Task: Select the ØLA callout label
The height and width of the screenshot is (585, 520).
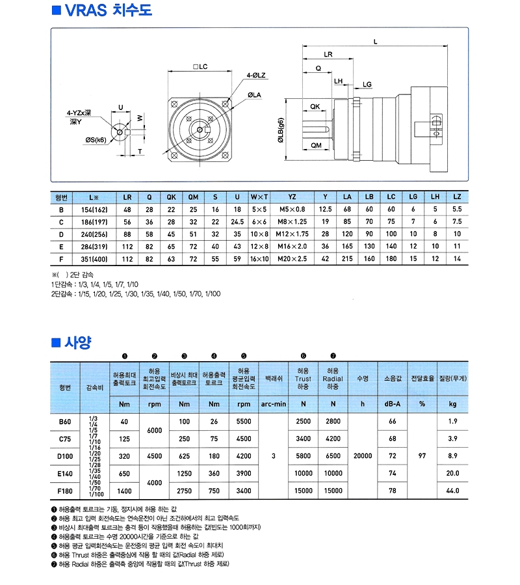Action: coord(254,95)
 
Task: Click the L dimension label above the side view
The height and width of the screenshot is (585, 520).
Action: coord(376,42)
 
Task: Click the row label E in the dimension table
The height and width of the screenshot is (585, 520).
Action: coord(61,246)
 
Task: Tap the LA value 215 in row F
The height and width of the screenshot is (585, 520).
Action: coord(347,258)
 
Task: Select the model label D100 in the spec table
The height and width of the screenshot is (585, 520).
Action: coord(65,456)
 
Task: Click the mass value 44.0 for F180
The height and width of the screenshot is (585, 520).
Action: coord(452,491)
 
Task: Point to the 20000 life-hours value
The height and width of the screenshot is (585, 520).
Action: coord(363,456)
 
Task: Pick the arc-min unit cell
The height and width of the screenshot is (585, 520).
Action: coord(274,404)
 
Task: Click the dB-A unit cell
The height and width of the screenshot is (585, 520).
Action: coord(392,404)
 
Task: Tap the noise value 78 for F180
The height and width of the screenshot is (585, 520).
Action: coord(392,491)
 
